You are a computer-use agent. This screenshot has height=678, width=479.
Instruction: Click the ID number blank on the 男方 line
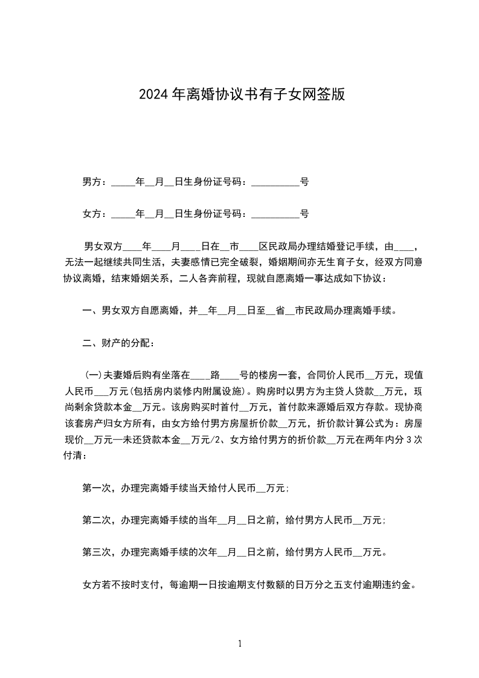(275, 182)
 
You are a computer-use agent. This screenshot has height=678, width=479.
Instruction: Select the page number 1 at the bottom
(240, 644)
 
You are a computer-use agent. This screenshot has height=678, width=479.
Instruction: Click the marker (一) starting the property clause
(94, 374)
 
